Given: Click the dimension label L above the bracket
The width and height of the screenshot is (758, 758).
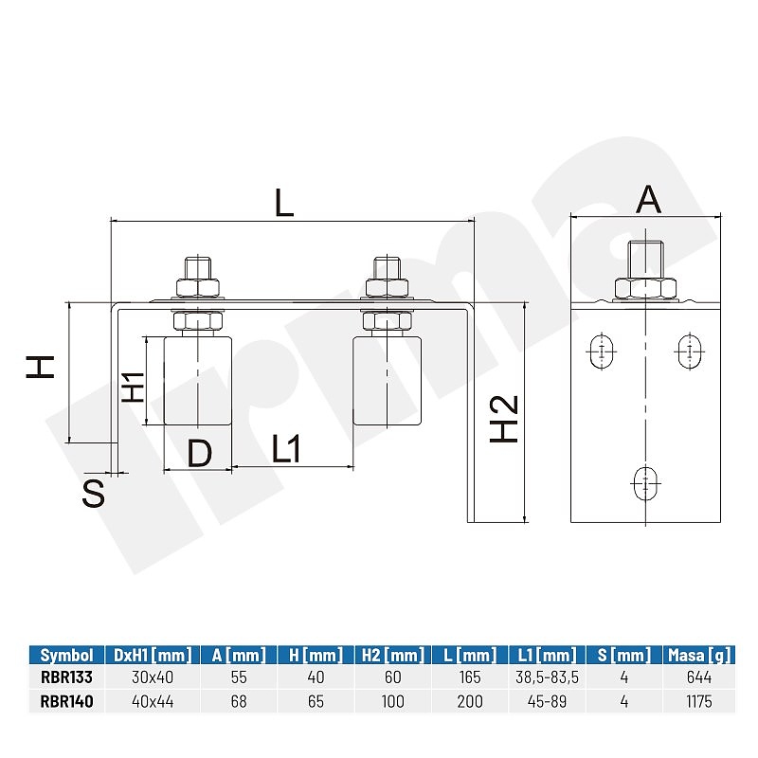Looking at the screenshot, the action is point(284,203).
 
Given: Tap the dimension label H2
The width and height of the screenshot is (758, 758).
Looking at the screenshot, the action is point(504,419).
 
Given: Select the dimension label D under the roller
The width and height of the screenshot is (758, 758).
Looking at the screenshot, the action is point(199,454).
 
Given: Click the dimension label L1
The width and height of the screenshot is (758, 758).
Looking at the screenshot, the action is point(286,448).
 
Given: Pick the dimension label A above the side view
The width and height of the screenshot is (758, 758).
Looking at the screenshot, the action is point(648,199).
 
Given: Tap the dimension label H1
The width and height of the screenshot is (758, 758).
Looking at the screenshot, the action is point(134,388).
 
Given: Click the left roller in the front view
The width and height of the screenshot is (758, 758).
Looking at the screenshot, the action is point(198,381).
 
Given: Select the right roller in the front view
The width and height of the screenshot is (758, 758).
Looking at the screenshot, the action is point(387,381).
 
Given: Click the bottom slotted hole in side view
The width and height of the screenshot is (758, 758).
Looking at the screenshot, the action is point(646,483).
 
